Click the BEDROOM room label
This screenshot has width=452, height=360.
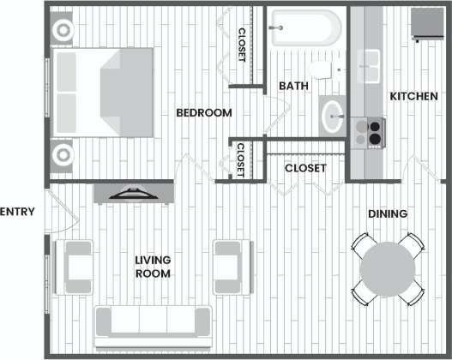pos(204,113)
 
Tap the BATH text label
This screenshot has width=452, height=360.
pos(293,86)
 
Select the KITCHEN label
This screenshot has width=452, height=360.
pos(414,97)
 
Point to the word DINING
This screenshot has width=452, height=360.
pos(387,213)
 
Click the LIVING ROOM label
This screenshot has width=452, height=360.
pos(153,267)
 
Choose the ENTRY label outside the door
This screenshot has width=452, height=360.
pos(17,212)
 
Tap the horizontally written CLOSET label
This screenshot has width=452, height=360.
pos(304,168)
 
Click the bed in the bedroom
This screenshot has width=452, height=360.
pos(103,93)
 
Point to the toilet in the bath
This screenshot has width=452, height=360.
pos(322,69)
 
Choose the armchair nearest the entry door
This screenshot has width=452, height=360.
pos(75,266)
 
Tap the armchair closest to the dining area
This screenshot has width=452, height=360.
pos(232,265)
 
